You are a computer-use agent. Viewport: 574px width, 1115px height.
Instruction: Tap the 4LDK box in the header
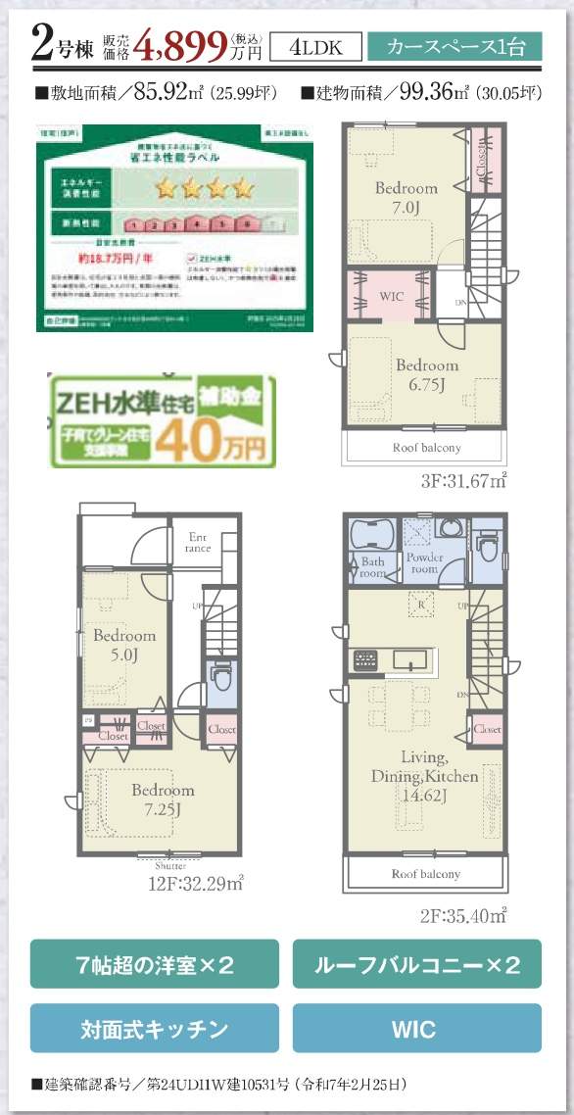312,46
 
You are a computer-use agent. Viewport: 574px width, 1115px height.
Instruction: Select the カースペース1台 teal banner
454,46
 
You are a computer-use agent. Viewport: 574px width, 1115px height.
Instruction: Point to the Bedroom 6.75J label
426,373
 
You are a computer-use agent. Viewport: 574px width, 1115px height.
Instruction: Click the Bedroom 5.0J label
124,644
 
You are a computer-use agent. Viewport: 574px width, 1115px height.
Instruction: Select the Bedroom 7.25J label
162,798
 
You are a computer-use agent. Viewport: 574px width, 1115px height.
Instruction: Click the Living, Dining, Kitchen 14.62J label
424,775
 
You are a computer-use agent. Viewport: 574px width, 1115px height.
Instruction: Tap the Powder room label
424,563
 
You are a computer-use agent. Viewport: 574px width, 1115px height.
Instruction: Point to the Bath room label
372,568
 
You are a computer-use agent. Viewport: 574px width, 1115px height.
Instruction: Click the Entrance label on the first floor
199,542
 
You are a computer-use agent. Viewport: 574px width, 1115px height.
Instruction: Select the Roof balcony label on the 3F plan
425,447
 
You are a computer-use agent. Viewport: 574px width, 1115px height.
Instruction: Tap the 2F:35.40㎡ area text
462,916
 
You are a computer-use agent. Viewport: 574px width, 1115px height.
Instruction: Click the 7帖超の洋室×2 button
154,964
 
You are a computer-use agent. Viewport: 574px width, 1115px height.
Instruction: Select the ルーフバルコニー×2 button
416,964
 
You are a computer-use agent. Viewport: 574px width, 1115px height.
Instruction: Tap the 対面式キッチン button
154,1029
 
